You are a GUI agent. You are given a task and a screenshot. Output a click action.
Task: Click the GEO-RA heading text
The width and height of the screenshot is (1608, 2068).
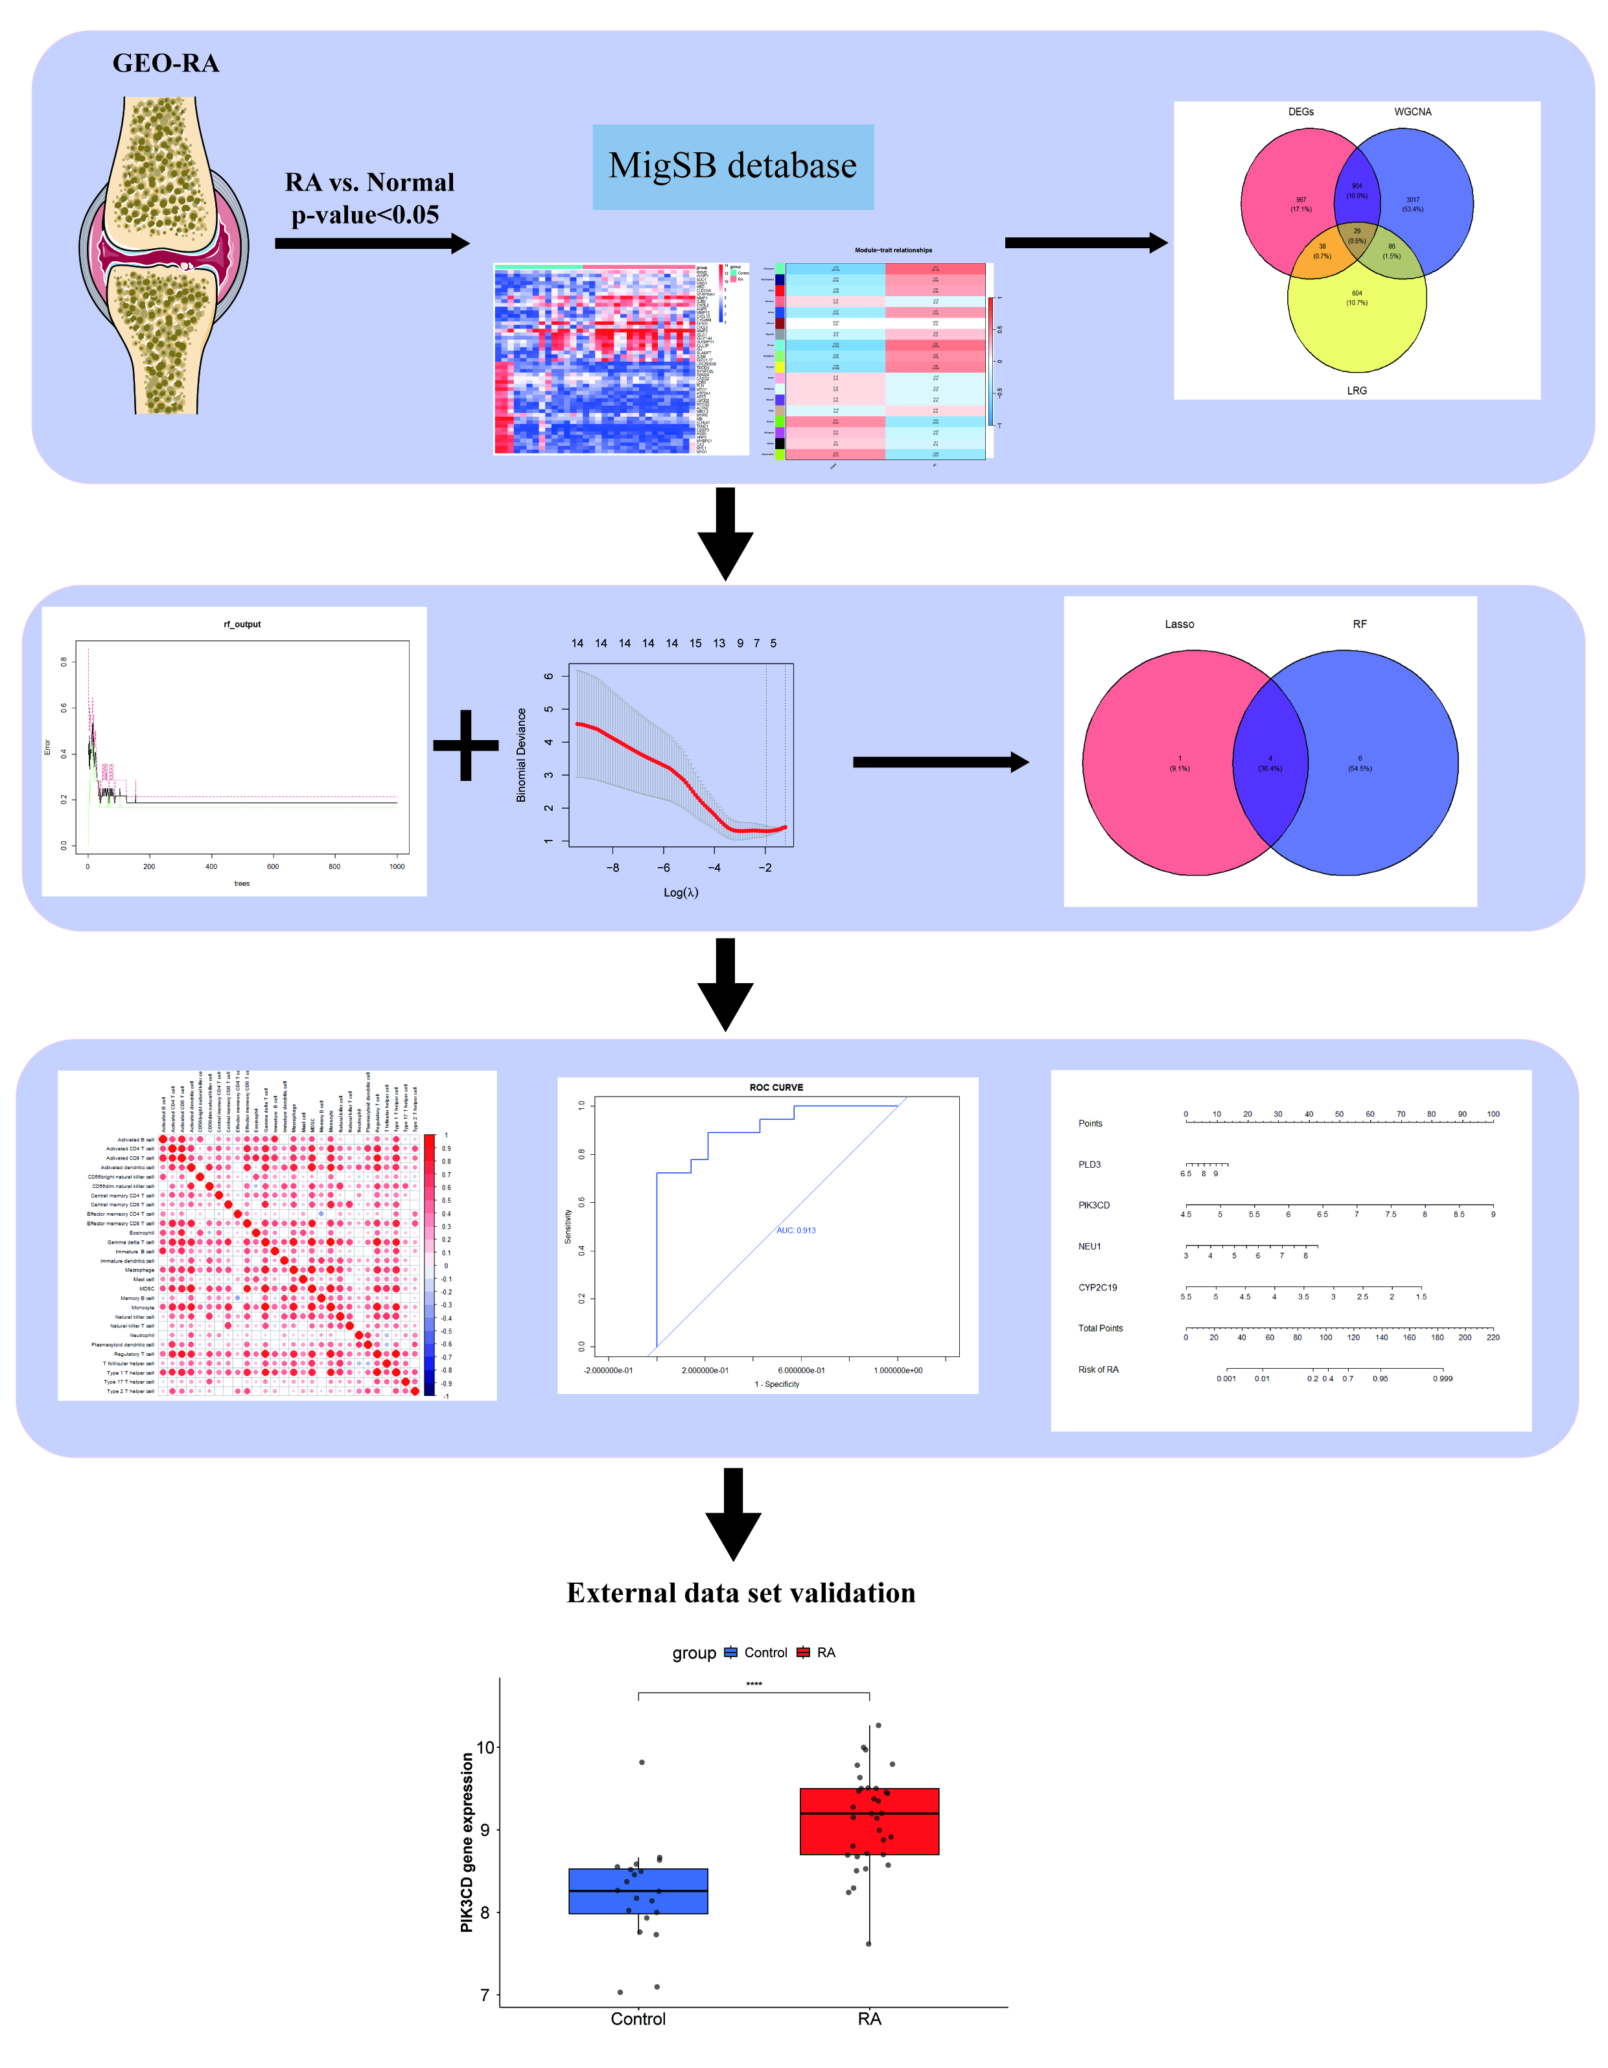point(166,64)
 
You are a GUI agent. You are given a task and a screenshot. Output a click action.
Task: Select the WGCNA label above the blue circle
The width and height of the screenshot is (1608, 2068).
point(1412,111)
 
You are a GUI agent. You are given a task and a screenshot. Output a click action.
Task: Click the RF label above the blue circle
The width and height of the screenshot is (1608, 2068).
point(1359,624)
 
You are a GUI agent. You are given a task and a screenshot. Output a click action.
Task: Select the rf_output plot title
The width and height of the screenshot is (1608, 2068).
point(242,624)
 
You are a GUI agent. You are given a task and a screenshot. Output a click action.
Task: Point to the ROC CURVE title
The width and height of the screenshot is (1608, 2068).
point(776,1087)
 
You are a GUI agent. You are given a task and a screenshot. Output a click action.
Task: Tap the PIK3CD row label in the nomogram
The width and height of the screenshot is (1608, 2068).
point(1094,1205)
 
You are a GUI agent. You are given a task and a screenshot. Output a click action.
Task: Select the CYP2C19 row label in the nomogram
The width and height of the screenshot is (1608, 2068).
point(1097,1288)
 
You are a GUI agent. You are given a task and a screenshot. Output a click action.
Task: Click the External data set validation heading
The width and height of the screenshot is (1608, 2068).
point(741,1593)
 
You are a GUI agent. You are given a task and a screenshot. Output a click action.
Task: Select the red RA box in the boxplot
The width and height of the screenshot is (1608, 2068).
point(868,1821)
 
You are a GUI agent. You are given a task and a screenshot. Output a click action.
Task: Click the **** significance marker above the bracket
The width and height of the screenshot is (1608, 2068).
point(753,1684)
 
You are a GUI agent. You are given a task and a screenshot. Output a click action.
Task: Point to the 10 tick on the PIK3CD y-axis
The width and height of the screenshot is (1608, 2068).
point(485,1747)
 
